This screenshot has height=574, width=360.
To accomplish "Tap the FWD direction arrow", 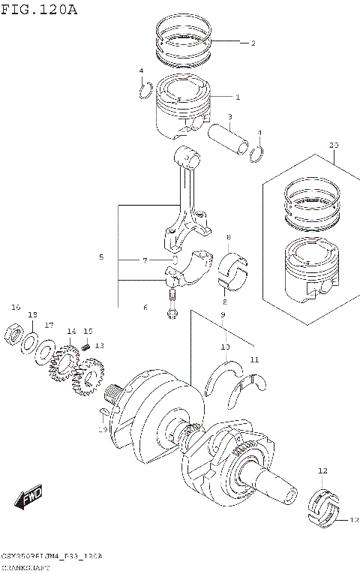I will (x=29, y=497).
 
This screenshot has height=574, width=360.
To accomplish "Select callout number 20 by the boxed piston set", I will (x=334, y=145).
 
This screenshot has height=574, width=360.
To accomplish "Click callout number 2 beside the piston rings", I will (x=253, y=43).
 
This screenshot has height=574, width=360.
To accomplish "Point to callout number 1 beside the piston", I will (x=238, y=97).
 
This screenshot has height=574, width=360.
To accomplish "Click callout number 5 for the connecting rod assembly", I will (x=100, y=257).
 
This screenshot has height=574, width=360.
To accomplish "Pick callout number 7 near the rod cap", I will (x=146, y=260).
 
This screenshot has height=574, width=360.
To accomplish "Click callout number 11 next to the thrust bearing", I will (x=254, y=360).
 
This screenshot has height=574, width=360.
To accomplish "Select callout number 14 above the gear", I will (x=70, y=332).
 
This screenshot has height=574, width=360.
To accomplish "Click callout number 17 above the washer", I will (x=49, y=325).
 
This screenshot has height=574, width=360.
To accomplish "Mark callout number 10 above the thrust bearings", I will (x=225, y=347).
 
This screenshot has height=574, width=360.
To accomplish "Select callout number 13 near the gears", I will (x=99, y=345).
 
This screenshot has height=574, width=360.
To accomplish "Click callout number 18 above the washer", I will (x=32, y=314).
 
